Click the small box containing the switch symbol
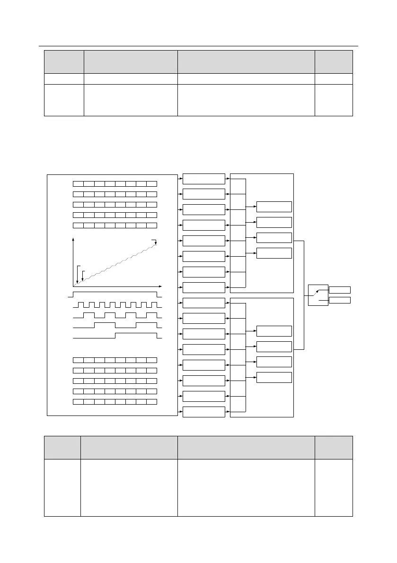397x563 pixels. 318,295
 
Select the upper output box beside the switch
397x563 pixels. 340,290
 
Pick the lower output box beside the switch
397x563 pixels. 340,300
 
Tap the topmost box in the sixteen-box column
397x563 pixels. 203,179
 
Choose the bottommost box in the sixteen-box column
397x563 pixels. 203,412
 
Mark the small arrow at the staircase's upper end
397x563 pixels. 155,243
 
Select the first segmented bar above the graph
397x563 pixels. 115,183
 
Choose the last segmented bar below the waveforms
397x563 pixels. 115,402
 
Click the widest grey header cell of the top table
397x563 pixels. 246,61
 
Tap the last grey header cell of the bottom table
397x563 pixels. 334,447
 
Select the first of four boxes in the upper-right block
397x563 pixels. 274,207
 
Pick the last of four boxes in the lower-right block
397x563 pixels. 274,377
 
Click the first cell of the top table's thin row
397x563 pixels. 64,78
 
